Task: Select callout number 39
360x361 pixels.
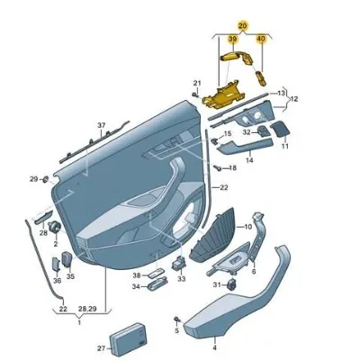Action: click(233, 41)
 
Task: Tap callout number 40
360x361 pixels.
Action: click(262, 41)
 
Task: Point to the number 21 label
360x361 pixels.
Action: click(196, 84)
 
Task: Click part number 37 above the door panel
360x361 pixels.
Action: click(102, 125)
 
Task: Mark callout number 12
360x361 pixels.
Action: click(293, 98)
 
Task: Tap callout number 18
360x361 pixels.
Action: click(232, 167)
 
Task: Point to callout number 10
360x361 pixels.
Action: click(248, 227)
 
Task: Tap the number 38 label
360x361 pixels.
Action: click(136, 275)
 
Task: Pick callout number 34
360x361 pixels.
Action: click(136, 287)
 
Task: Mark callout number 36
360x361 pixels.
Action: click(57, 280)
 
